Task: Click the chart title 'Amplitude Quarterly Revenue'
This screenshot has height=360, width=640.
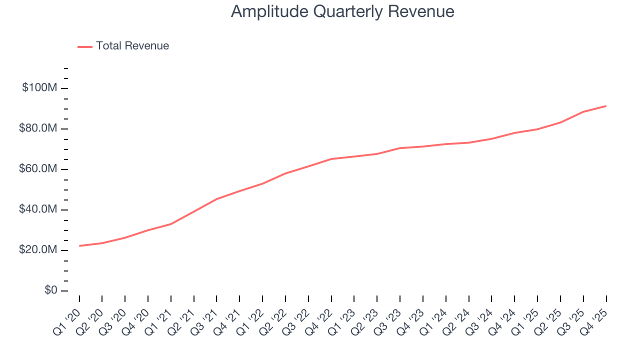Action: click(342, 11)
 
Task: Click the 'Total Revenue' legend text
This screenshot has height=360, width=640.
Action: click(132, 46)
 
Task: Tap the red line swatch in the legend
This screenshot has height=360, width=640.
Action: click(85, 46)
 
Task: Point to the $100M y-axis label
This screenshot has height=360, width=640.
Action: click(39, 88)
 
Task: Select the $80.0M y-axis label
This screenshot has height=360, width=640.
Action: click(38, 128)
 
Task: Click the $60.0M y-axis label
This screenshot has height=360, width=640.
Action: click(38, 169)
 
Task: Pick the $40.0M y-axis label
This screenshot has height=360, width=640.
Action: click(38, 209)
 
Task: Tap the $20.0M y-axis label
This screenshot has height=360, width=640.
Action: click(38, 250)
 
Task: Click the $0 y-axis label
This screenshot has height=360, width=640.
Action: click(50, 290)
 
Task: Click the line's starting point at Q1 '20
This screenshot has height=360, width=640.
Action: click(79, 246)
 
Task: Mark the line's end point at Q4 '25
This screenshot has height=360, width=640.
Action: click(606, 106)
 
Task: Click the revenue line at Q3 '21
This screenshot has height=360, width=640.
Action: click(216, 199)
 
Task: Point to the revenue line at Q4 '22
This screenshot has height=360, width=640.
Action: click(331, 159)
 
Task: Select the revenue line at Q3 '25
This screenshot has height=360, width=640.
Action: click(583, 112)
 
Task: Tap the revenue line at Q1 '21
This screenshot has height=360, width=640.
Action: click(171, 224)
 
